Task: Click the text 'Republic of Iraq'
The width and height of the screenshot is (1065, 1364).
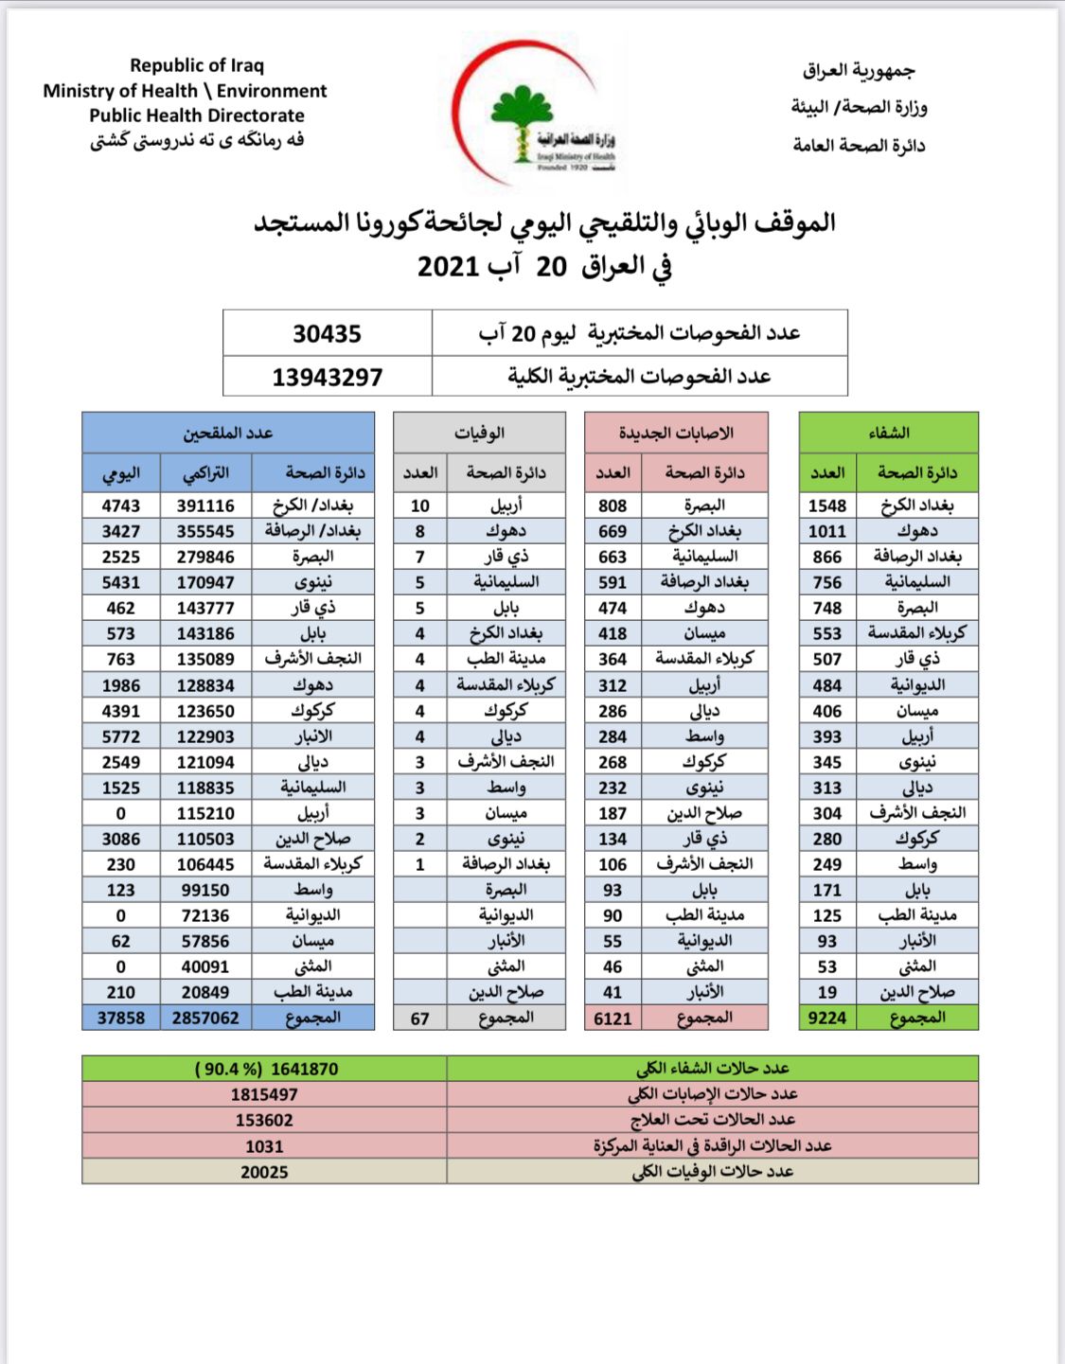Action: pyautogui.click(x=197, y=65)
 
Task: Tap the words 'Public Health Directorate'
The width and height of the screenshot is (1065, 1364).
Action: pyautogui.click(x=197, y=115)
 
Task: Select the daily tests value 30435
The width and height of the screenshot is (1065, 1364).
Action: pyautogui.click(x=327, y=333)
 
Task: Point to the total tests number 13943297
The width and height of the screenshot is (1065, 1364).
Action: pyautogui.click(x=327, y=377)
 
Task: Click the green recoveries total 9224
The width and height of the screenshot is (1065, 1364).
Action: pyautogui.click(x=826, y=1018)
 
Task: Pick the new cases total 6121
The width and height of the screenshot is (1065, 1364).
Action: pyautogui.click(x=612, y=1018)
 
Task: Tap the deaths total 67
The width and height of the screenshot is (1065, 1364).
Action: pyautogui.click(x=419, y=1019)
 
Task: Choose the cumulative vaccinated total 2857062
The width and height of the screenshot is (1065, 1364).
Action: pyautogui.click(x=205, y=1018)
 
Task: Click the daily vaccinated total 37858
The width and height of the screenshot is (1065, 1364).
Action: pyautogui.click(x=121, y=1018)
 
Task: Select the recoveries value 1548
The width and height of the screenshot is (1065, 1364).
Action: pyautogui.click(x=826, y=505)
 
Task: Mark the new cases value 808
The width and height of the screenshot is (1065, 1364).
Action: pyautogui.click(x=612, y=505)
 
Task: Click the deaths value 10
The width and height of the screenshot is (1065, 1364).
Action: pyautogui.click(x=419, y=505)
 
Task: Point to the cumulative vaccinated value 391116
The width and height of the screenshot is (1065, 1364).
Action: pyautogui.click(x=205, y=505)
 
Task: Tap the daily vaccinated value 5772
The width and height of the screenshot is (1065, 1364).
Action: pyautogui.click(x=121, y=736)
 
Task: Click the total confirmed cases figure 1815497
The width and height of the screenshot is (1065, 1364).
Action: pyautogui.click(x=264, y=1094)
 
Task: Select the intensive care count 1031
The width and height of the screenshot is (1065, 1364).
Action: pyautogui.click(x=264, y=1146)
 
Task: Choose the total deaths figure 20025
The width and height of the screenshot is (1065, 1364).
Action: pyautogui.click(x=264, y=1172)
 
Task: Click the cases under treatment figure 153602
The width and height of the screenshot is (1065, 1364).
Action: pyautogui.click(x=264, y=1120)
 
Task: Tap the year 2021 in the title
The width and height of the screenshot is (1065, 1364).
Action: pyautogui.click(x=448, y=266)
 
